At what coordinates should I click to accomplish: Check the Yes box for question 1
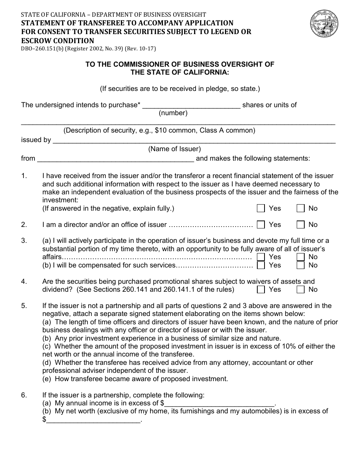(261, 208)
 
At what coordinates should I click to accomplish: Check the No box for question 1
(301, 208)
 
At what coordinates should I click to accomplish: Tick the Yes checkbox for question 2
(261, 225)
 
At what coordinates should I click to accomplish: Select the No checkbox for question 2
(301, 225)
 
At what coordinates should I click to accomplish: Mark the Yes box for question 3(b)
(261, 265)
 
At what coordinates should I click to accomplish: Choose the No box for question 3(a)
(301, 257)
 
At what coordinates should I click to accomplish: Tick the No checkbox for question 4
(301, 289)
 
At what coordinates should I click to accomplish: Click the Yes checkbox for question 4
(261, 289)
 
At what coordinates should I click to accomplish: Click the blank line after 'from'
(115, 159)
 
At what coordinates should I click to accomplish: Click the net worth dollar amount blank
(93, 420)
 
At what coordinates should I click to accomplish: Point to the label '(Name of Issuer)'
(174, 149)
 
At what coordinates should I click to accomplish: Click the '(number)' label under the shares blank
(173, 113)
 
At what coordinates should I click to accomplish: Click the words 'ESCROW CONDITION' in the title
(58, 41)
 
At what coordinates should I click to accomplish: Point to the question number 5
(24, 306)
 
